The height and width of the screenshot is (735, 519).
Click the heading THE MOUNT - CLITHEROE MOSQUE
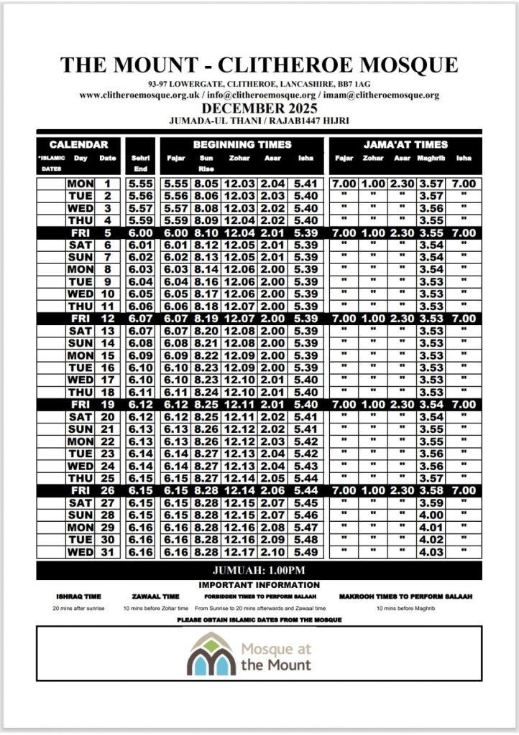click(x=259, y=65)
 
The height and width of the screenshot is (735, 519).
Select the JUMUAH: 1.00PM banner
click(x=259, y=571)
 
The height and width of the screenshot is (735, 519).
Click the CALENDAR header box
click(x=79, y=144)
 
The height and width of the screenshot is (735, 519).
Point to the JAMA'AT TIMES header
click(x=405, y=144)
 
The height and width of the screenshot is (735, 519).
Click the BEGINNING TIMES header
click(x=242, y=144)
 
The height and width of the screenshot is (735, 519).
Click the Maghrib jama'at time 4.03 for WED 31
click(x=431, y=553)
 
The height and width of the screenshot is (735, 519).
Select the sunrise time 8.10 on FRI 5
click(x=206, y=233)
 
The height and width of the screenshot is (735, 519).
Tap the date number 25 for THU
click(x=107, y=479)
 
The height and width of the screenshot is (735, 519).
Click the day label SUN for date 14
click(x=80, y=344)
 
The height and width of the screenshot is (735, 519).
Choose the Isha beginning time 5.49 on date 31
click(x=306, y=553)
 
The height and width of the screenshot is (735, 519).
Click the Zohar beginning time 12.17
click(x=239, y=553)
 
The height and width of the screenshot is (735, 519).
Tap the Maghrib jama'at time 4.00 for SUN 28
click(x=431, y=516)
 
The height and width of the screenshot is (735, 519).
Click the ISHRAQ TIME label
click(x=78, y=596)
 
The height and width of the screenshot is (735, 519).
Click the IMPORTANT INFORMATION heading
click(x=259, y=585)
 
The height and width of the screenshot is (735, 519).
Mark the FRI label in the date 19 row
click(x=80, y=406)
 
